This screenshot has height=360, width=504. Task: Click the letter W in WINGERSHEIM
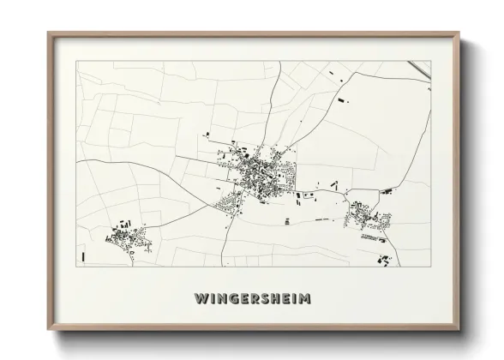(x=200, y=299)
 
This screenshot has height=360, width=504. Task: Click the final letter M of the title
(x=304, y=299)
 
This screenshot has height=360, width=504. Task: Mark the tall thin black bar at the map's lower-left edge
(x=82, y=255)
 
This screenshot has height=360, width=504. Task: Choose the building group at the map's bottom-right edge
(x=383, y=258)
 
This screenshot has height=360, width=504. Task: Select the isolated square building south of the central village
(x=287, y=221)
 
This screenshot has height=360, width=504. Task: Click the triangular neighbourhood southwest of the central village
(x=231, y=204)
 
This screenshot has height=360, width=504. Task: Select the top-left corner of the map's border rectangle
(x=77, y=62)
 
